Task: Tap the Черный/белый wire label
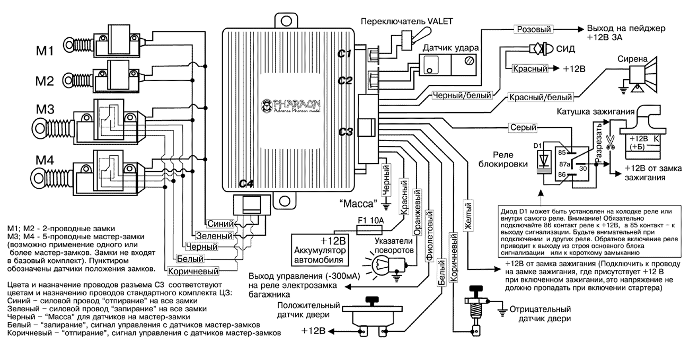[x=462, y=96]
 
